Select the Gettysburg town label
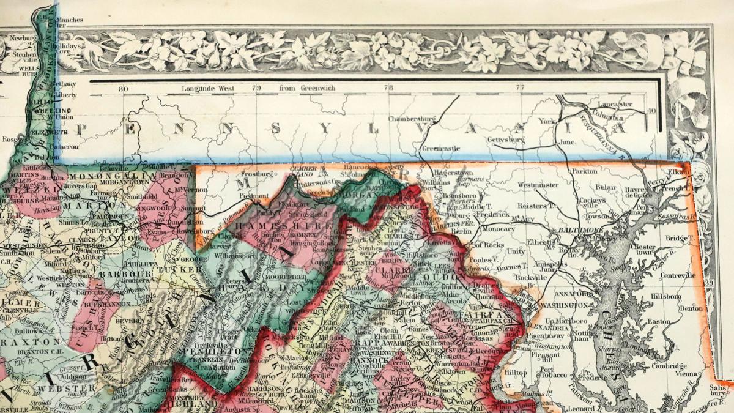click(x=506, y=140)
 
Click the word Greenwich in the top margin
click(x=317, y=88)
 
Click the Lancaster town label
click(x=615, y=105)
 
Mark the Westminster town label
click(x=538, y=184)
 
